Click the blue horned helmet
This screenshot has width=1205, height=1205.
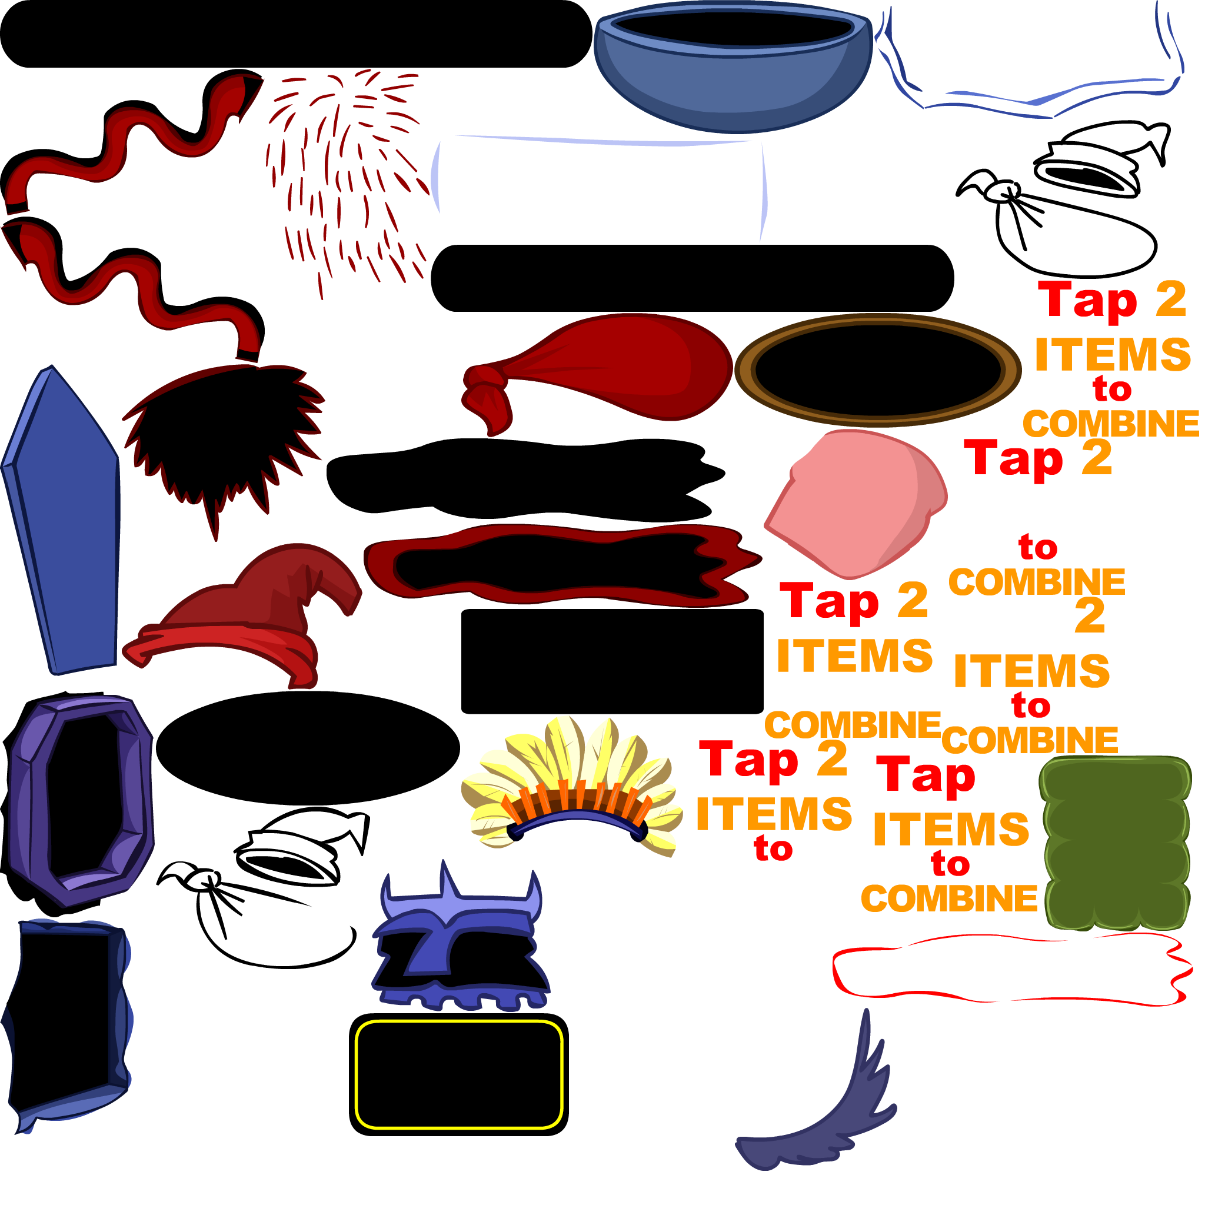458,936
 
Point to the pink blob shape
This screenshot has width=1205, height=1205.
854,502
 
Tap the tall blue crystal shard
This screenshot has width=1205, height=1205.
62,524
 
